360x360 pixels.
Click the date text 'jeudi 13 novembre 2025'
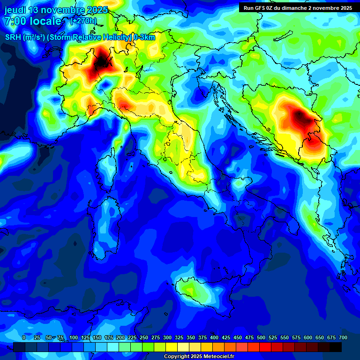coord(56,10)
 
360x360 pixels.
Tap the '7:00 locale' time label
coord(32,21)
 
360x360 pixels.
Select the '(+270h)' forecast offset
coord(83,21)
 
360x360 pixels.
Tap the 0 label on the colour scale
coord(24,337)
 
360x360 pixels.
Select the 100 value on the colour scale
coord(74,337)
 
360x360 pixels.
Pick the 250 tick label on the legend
coord(144,337)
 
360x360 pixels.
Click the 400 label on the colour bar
coord(214,337)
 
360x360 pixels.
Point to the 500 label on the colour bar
coord(261,337)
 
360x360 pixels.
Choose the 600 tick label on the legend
coord(308,337)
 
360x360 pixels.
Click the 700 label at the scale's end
coord(343,337)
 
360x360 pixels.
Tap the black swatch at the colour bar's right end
coord(336,347)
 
